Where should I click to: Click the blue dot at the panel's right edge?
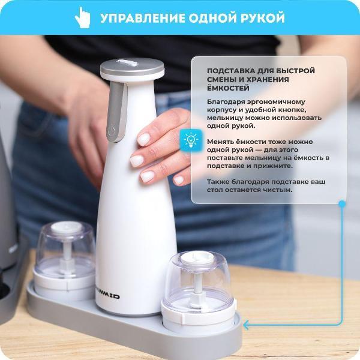tap(342, 204)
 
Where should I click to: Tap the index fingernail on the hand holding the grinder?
tap(144, 139)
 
